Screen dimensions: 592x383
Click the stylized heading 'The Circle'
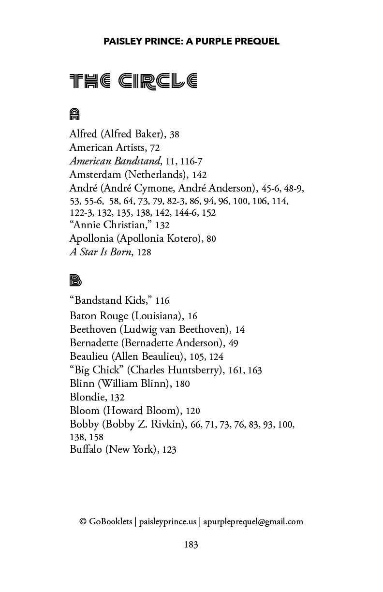pos(133,81)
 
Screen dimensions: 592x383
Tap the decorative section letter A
pos(74,114)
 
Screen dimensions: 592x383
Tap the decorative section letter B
pos(75,281)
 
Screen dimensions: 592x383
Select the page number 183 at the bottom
pos(191,545)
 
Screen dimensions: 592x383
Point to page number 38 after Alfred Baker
pos(174,134)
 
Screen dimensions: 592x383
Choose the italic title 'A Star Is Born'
pos(100,252)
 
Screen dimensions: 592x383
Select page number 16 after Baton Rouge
pos(192,316)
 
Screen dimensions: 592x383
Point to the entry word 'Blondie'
pos(88,397)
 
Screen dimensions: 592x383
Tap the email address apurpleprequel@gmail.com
pos(253,521)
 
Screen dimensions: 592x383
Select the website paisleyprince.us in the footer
pos(167,521)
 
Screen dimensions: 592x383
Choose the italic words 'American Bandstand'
pos(115,161)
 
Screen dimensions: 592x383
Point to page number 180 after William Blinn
pos(182,384)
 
